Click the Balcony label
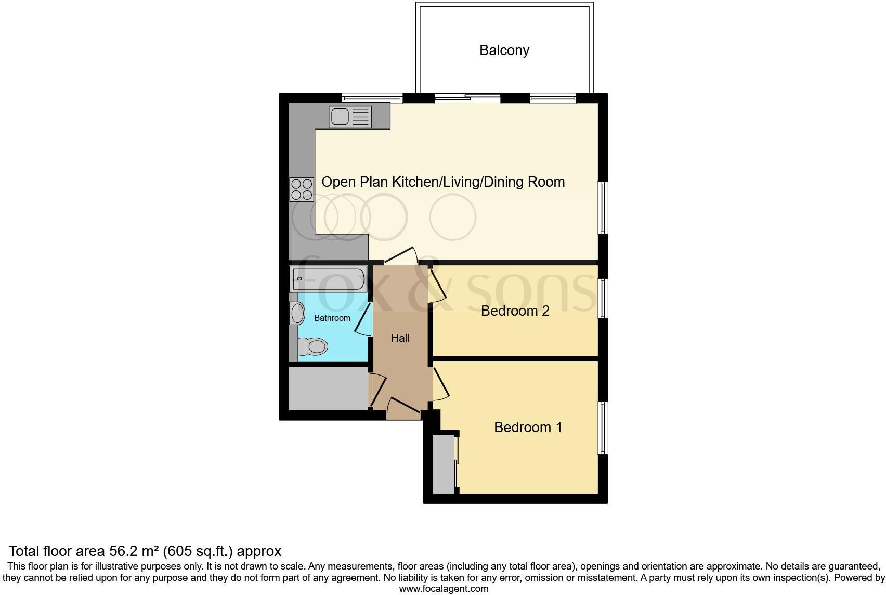point(504,50)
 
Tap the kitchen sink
point(350,117)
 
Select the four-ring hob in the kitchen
point(302,189)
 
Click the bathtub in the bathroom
point(329,280)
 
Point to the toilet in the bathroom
point(313,346)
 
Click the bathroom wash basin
point(297,314)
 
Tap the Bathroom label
point(332,318)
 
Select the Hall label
point(400,338)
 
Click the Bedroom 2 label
point(515,311)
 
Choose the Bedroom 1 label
point(528,428)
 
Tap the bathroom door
point(363,319)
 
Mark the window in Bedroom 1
point(603,428)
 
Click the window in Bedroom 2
point(603,298)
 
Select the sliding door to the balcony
point(467,97)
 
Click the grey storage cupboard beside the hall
point(328,389)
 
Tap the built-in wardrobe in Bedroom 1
point(444,463)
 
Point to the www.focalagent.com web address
point(444,589)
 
